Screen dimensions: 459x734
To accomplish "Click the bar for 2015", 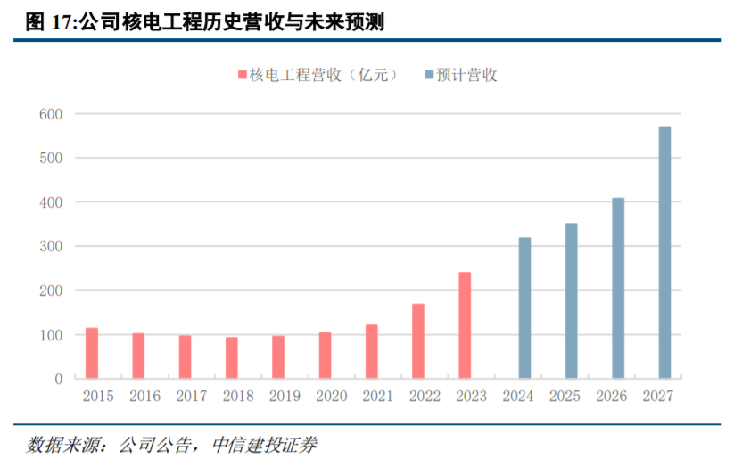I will [92, 353].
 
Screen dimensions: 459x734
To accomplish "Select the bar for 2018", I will [232, 357].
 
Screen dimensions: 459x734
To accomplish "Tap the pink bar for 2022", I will [418, 341].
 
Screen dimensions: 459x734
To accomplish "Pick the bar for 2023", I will [465, 325].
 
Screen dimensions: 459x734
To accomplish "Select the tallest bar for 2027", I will [664, 252].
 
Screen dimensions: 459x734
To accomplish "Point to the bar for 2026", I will [618, 288].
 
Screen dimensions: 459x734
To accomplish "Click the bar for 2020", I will [326, 355].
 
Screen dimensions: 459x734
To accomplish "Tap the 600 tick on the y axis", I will [50, 114].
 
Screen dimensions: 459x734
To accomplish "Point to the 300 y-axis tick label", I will [50, 247].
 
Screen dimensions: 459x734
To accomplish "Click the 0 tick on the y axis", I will [58, 379].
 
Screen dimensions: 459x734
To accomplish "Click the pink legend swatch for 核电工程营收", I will [242, 75].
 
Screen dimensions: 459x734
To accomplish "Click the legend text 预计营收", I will [467, 75].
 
